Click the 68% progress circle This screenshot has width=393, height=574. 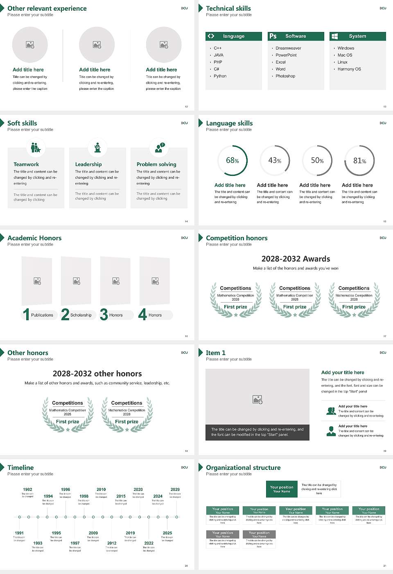[233, 160]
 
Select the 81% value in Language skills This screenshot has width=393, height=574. [359, 161]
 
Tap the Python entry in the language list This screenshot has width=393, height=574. [220, 76]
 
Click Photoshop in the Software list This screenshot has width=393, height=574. [285, 76]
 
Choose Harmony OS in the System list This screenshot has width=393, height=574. [349, 69]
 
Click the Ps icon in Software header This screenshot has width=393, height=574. [273, 36]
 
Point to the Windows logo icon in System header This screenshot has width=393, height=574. [334, 36]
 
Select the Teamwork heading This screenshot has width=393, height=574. [26, 164]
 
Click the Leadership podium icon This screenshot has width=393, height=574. [97, 148]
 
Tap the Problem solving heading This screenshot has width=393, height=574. [156, 164]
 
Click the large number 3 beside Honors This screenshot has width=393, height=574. [104, 314]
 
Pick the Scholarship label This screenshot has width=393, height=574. [81, 315]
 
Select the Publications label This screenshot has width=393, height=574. [42, 315]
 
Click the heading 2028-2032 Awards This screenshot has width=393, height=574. [296, 259]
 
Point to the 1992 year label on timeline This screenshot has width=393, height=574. [27, 490]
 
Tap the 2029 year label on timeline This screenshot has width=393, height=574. [175, 490]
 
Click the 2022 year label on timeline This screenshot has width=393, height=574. [149, 543]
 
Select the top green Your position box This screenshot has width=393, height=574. [282, 489]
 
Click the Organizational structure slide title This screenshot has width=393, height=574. [243, 468]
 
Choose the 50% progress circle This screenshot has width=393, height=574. [317, 161]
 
